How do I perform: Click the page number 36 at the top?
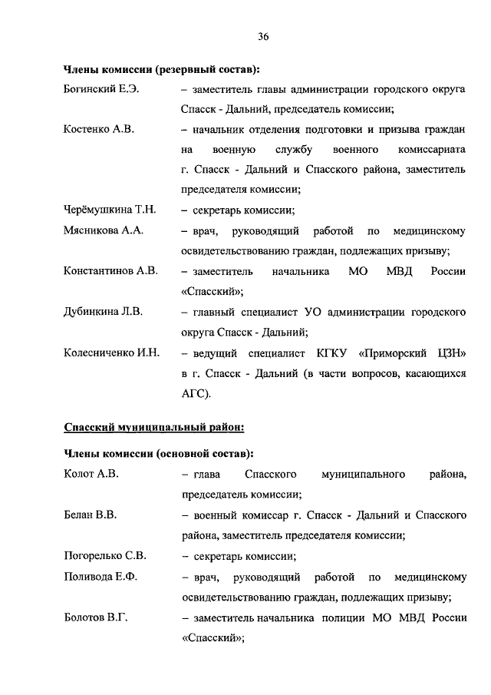click(263, 36)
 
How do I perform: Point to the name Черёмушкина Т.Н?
click(110, 210)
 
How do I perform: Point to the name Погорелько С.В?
click(105, 556)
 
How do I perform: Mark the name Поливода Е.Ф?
click(100, 576)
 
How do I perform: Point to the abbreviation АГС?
click(195, 394)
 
